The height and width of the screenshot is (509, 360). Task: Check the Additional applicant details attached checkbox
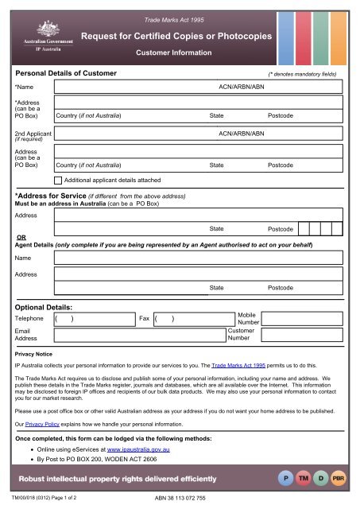(x=58, y=181)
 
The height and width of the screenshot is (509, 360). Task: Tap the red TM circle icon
(x=304, y=481)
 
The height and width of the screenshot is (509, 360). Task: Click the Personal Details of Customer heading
(x=67, y=74)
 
